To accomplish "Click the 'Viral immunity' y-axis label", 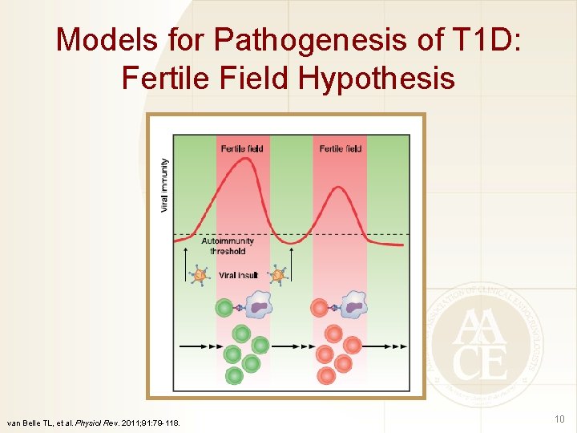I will click(x=165, y=184).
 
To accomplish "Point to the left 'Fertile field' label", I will click(x=241, y=148).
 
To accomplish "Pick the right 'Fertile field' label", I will click(x=341, y=148).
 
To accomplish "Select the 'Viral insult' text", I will click(x=238, y=275).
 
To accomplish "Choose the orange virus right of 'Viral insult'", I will click(x=277, y=275).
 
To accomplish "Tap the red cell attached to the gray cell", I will click(x=320, y=308).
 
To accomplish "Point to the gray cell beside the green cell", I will click(x=258, y=305).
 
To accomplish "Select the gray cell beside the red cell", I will click(x=353, y=305).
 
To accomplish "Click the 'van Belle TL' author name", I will click(x=30, y=422).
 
